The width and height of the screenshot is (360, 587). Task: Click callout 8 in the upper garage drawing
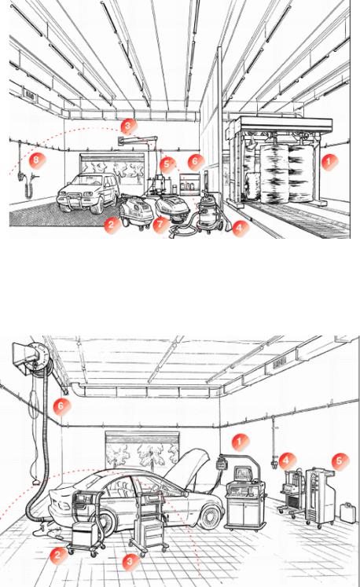[37, 160]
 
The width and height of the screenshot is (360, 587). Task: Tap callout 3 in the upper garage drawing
[128, 127]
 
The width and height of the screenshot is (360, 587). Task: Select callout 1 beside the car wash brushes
[329, 162]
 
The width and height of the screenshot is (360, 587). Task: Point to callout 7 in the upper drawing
[160, 224]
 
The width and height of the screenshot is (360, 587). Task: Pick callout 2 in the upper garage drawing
[112, 226]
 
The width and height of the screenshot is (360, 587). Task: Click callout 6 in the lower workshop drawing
[61, 405]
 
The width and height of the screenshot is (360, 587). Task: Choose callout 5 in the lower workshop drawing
[340, 460]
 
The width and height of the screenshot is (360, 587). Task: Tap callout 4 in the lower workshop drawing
[287, 460]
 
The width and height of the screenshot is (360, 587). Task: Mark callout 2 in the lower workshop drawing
[58, 555]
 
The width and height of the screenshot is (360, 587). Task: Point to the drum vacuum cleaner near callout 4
[210, 211]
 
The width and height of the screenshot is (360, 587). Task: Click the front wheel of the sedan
[209, 516]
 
